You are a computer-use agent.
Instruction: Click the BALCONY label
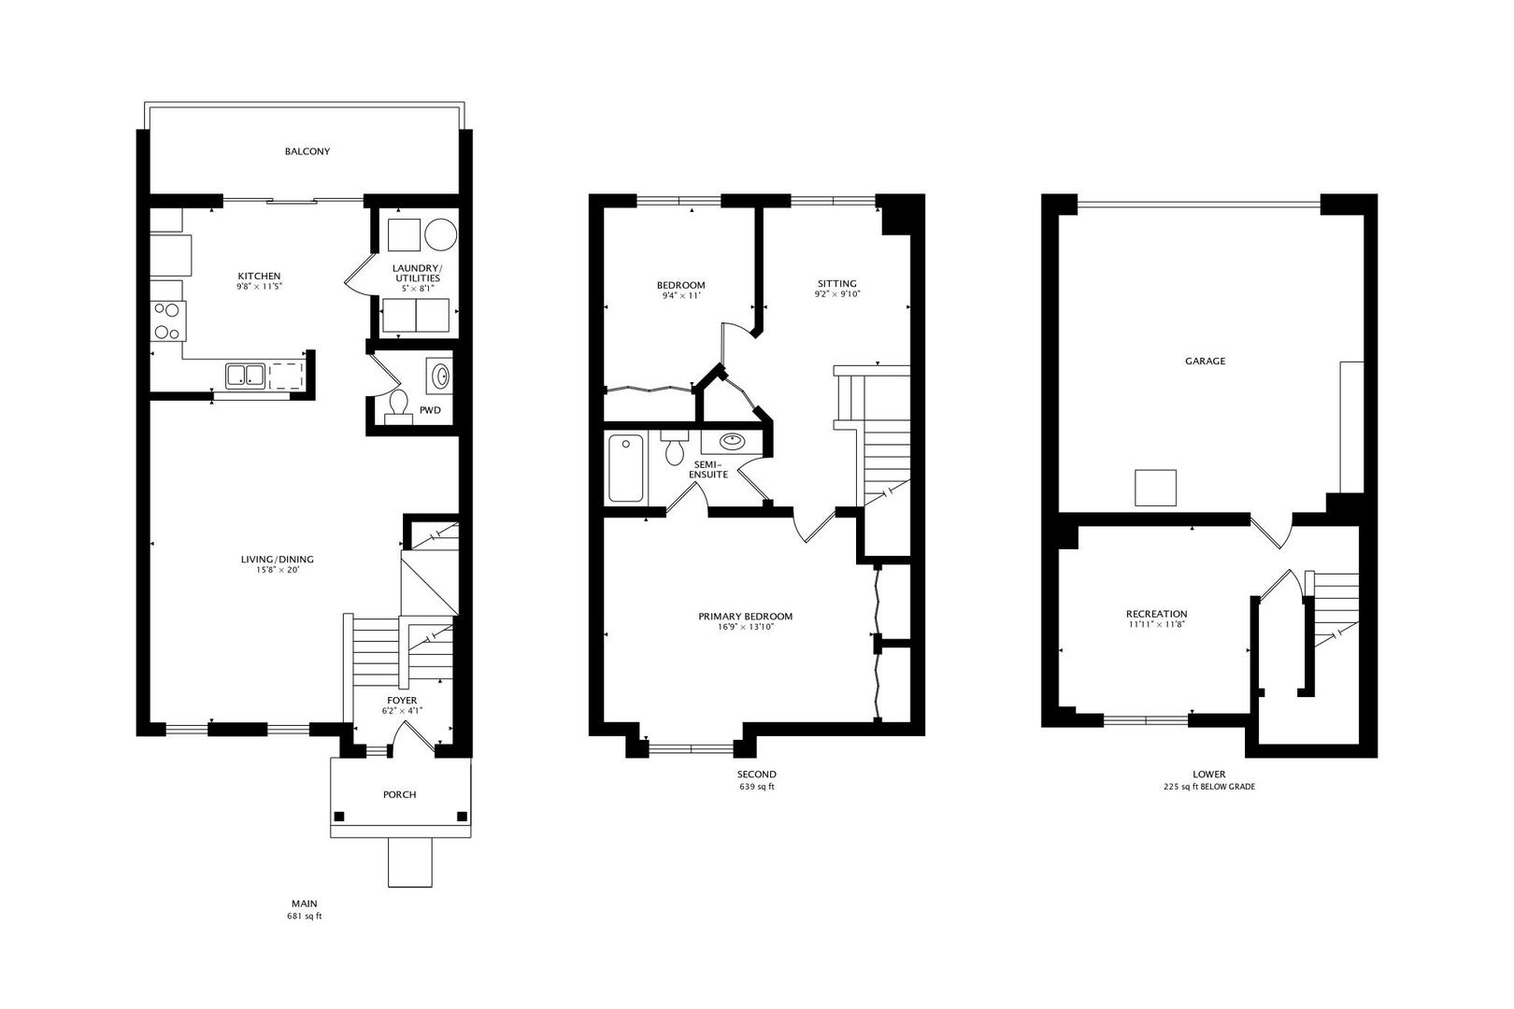click(307, 151)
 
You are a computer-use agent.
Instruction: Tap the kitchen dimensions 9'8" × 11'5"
click(259, 287)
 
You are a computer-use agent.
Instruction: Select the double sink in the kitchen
click(245, 375)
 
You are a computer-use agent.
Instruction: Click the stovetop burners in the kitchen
click(167, 321)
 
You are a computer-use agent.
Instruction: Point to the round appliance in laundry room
click(441, 234)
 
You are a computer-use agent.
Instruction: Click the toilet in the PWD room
click(398, 406)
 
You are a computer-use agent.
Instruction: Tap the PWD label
click(430, 410)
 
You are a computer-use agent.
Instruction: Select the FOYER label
click(402, 700)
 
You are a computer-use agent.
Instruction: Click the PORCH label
click(399, 795)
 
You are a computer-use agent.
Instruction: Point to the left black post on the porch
click(339, 817)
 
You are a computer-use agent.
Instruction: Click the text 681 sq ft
click(304, 917)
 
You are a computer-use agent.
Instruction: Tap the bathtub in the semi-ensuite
click(626, 468)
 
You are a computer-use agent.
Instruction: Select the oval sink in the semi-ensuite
click(732, 442)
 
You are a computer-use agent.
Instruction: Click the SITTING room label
click(836, 284)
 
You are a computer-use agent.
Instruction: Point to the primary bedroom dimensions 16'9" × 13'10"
click(746, 627)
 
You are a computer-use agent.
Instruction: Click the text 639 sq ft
click(757, 787)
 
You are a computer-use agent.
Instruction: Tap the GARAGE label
click(1205, 362)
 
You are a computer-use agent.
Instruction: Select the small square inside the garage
click(1155, 488)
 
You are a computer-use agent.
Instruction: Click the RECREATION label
click(1156, 614)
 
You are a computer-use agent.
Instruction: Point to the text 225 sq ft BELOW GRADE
click(1209, 787)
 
